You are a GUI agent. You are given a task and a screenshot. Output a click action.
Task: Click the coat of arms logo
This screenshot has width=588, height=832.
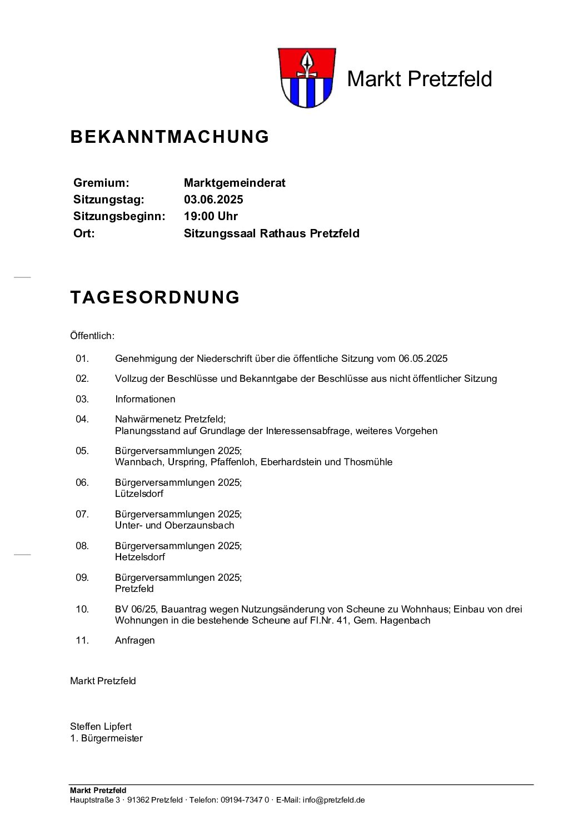(305, 78)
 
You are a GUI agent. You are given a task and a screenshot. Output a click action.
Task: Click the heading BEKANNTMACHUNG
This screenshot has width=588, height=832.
(170, 137)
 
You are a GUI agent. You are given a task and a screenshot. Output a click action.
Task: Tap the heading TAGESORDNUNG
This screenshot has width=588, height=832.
(155, 297)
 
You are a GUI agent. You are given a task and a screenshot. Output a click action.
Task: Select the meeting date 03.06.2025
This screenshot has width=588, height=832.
(213, 200)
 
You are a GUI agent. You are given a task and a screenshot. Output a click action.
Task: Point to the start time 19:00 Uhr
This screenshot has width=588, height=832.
(211, 216)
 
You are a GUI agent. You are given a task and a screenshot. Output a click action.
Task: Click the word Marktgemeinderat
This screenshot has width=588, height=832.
(235, 183)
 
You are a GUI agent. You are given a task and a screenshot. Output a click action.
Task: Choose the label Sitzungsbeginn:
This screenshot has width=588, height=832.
(119, 216)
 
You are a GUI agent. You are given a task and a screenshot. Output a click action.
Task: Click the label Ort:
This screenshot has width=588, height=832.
(84, 233)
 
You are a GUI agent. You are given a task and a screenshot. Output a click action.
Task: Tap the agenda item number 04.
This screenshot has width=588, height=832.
(82, 419)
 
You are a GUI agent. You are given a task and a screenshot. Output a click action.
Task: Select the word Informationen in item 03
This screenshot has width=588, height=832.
(145, 399)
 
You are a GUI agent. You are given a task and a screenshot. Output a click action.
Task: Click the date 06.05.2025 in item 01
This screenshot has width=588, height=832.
(423, 358)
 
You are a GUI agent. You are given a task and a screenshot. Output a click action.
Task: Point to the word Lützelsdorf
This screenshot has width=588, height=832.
(139, 494)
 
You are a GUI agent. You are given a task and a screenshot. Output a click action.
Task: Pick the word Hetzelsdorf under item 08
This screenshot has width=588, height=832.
(140, 557)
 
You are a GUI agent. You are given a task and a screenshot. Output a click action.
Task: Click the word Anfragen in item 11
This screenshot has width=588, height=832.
(134, 640)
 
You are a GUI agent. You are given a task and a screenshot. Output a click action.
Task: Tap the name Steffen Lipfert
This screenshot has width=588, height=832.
(101, 726)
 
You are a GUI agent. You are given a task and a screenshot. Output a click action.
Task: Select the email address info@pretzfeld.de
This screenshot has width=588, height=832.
(333, 800)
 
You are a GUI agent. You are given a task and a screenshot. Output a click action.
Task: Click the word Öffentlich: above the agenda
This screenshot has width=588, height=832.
(92, 336)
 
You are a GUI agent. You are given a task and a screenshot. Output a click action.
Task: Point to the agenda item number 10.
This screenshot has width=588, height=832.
(82, 609)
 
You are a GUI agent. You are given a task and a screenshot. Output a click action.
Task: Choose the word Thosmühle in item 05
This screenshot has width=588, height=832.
(368, 462)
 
